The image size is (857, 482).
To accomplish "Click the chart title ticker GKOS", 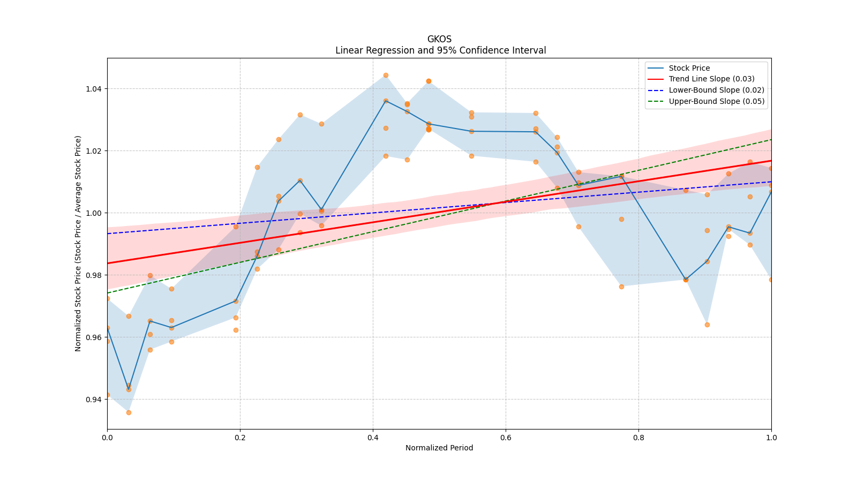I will coord(439,39).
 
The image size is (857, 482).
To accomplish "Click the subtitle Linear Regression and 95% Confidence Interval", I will coord(440,50).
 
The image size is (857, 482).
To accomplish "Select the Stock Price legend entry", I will coord(689,68).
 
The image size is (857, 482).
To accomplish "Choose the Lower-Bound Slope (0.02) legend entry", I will coord(716,90).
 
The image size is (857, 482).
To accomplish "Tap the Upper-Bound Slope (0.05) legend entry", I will coord(716,101).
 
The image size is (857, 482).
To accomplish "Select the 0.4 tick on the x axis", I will coord(373,437).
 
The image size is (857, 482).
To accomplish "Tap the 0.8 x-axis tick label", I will coord(638,437).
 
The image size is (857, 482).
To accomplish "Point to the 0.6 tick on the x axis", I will coord(506,437).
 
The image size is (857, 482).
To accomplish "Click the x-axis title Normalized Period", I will coord(439,448).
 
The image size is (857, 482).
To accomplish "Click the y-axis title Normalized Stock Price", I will coord(78,243).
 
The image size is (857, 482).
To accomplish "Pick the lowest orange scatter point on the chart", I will coord(129,412).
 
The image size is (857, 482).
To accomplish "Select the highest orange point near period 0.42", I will coord(386,76).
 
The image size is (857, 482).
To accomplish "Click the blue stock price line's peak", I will coord(386,101).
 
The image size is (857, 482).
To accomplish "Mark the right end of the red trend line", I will coord(771,161).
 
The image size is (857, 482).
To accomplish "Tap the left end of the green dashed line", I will coord(108,293).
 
